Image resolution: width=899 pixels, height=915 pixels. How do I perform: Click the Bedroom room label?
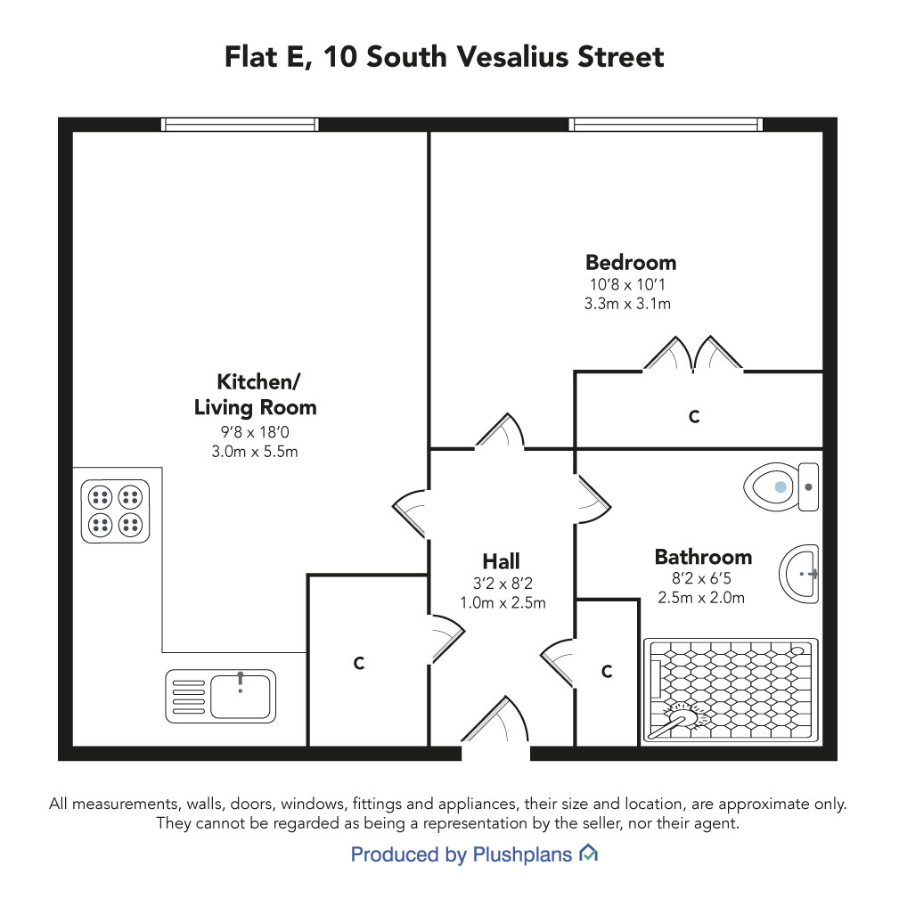tap(631, 263)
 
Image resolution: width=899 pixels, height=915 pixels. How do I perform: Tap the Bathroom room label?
tap(703, 557)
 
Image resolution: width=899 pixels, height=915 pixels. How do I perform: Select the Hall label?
tap(501, 561)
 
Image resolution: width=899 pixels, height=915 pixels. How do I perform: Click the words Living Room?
tap(256, 407)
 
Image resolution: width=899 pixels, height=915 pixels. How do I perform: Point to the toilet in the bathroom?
tap(781, 486)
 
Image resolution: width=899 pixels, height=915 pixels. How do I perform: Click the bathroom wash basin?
tap(798, 574)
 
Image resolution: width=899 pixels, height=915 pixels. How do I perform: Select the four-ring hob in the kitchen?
tap(115, 511)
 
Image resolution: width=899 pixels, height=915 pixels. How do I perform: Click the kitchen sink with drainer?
tap(221, 696)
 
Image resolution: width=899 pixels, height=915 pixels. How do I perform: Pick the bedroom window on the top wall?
tap(666, 125)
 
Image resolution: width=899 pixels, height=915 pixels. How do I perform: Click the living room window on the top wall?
tap(239, 125)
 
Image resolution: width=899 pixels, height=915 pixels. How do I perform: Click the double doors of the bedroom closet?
tap(693, 354)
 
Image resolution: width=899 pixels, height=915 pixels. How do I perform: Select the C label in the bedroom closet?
tap(694, 417)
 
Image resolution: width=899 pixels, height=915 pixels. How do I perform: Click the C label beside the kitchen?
tap(359, 663)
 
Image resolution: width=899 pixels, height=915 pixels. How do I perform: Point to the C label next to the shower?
tap(607, 672)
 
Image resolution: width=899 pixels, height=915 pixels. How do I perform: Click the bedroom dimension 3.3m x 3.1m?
tap(627, 304)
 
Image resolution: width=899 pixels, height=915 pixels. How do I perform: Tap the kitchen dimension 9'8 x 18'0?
tap(255, 432)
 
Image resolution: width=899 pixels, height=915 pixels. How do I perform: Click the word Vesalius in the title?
tap(511, 57)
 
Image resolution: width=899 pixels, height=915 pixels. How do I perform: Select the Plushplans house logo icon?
tap(589, 854)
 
